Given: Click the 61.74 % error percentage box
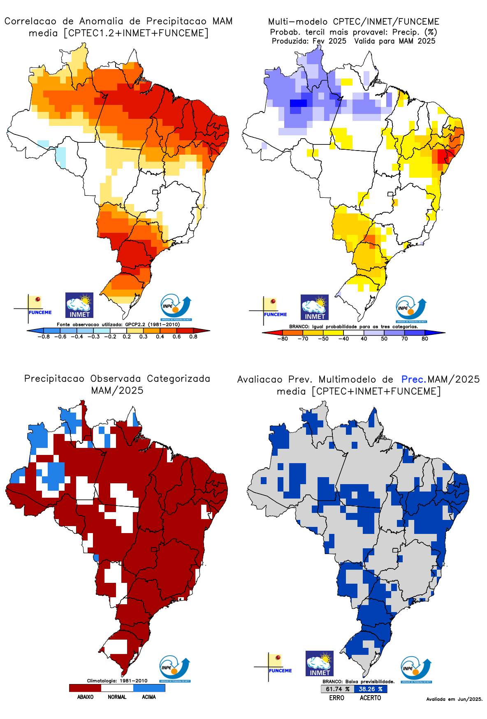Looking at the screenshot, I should click(x=337, y=689).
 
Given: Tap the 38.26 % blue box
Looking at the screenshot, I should click(x=371, y=689).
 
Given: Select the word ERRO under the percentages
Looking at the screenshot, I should click(x=336, y=698).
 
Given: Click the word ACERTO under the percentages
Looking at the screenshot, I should click(x=370, y=698).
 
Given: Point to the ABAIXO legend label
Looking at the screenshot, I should click(x=85, y=697).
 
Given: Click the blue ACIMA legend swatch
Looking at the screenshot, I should click(x=149, y=688).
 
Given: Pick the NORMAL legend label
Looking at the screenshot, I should click(x=117, y=697).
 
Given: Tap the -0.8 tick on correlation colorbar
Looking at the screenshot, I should click(x=44, y=337).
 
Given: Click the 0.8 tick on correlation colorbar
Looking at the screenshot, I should click(x=193, y=337).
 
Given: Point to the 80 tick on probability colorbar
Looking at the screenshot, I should click(x=424, y=339).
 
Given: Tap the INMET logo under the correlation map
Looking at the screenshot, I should click(x=79, y=305).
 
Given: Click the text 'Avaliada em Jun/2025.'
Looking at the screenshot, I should click(x=454, y=699).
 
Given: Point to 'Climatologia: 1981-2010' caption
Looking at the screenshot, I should click(x=117, y=681).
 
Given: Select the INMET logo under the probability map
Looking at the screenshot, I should click(x=315, y=307).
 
